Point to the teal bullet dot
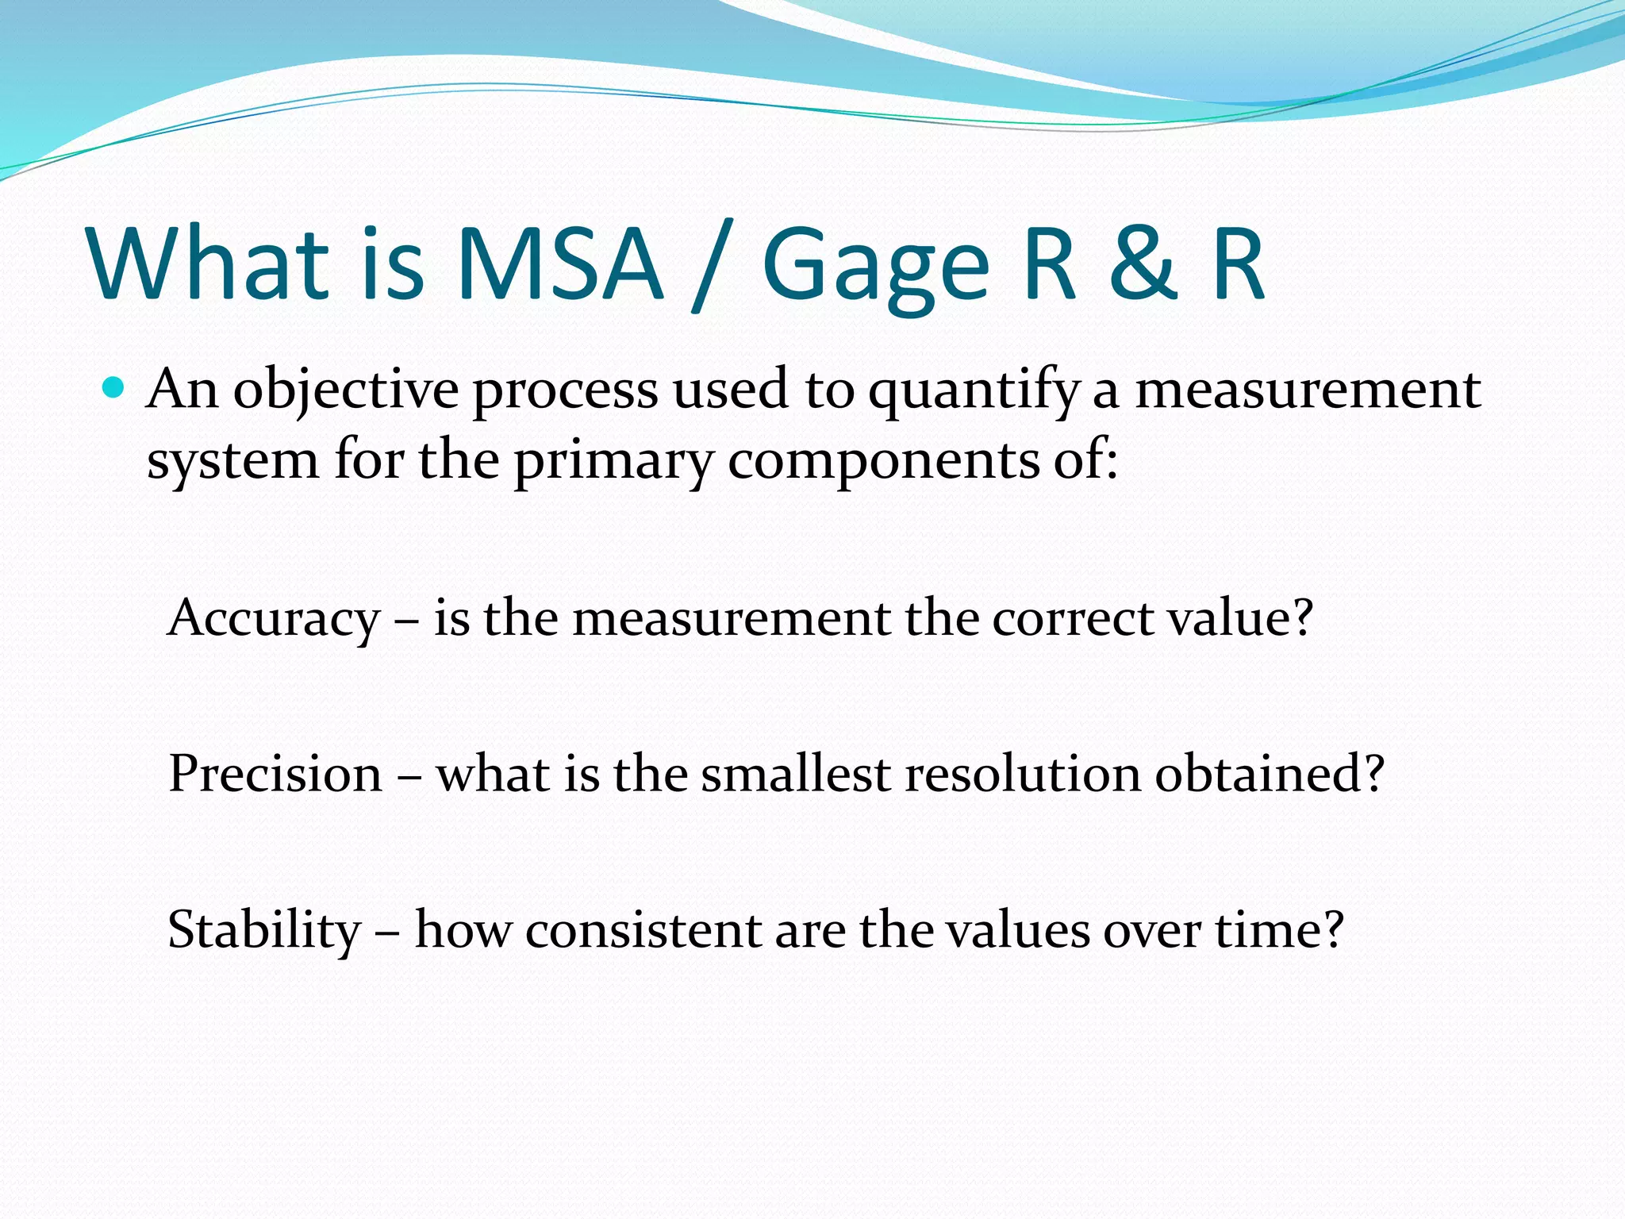[114, 388]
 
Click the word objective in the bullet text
[345, 391]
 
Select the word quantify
[974, 391]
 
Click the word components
[883, 463]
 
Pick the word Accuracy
[274, 619]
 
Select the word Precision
[275, 774]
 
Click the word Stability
[264, 931]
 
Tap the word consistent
[643, 931]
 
